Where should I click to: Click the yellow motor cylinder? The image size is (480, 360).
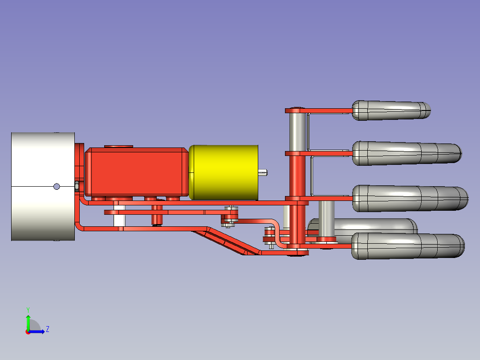[224, 172]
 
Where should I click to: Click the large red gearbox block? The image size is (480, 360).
[137, 172]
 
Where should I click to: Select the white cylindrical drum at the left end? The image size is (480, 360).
[43, 186]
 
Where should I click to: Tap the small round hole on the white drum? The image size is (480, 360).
[57, 186]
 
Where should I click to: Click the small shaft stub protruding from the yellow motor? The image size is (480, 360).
[263, 173]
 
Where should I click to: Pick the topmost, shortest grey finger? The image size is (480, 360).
[391, 110]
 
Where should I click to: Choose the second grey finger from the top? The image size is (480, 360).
[407, 153]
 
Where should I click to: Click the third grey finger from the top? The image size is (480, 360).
[410, 198]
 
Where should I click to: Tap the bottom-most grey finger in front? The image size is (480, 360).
[408, 246]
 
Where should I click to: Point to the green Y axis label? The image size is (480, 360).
[28, 310]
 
